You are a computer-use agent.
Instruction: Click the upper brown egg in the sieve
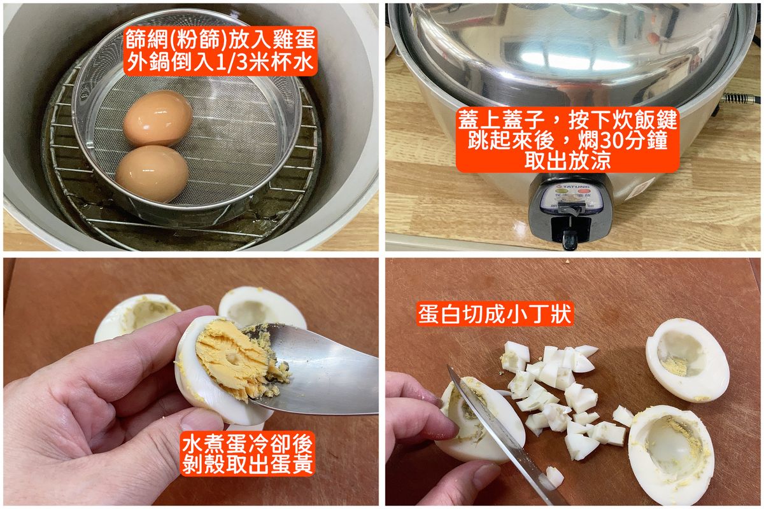158,118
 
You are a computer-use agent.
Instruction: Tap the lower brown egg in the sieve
152,173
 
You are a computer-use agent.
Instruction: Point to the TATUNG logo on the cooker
572,186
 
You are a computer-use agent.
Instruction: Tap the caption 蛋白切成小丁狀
495,314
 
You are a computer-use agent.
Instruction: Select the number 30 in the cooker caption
612,140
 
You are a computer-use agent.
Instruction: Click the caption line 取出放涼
567,160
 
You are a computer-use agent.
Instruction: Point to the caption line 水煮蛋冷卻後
248,443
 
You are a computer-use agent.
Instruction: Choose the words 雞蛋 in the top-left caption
294,39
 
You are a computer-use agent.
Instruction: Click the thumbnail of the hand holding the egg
197,422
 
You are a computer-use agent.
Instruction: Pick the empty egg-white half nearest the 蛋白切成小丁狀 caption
687,360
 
